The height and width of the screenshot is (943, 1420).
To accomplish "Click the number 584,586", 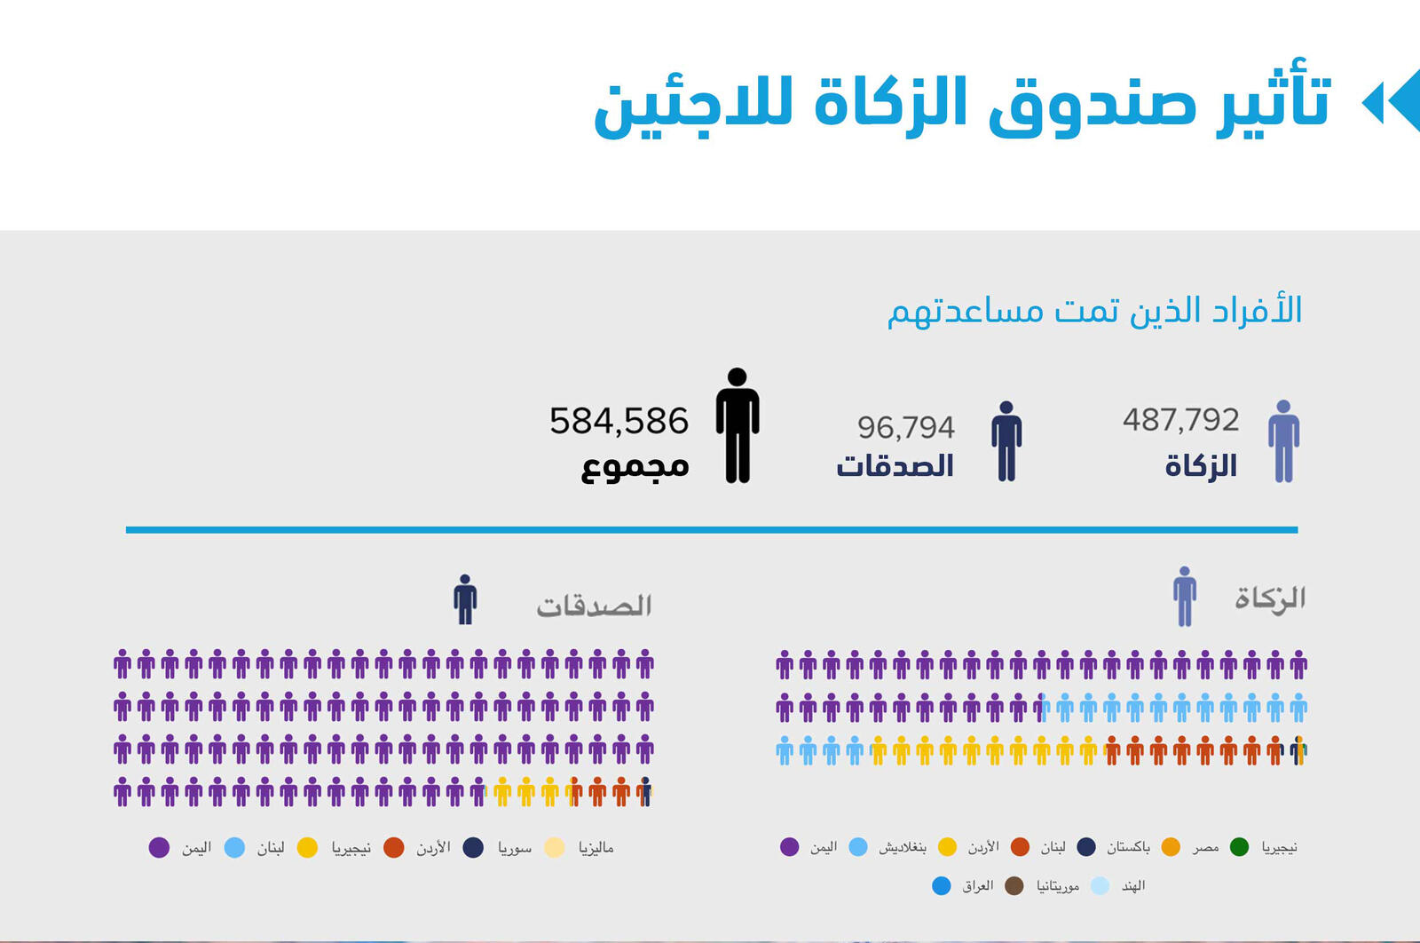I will [619, 421].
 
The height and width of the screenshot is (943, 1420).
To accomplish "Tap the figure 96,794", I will [905, 428].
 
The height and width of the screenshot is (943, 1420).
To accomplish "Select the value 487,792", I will [1180, 420].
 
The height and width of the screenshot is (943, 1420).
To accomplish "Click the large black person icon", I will [738, 425].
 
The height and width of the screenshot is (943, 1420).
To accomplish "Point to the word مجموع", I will [635, 466].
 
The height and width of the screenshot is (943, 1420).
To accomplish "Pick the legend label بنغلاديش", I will [902, 847].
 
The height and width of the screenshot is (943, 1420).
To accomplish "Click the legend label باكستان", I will [1128, 847].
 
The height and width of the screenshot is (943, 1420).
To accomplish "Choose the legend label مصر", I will [1205, 847].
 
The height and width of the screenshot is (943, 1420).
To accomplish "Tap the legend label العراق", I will [977, 886].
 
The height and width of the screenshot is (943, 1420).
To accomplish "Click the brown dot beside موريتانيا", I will [1014, 886].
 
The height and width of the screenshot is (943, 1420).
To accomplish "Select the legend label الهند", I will [1133, 886].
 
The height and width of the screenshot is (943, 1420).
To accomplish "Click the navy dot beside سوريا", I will [474, 848].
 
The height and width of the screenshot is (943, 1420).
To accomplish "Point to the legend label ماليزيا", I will [596, 848].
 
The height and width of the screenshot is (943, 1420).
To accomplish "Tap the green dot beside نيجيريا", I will [1240, 847].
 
